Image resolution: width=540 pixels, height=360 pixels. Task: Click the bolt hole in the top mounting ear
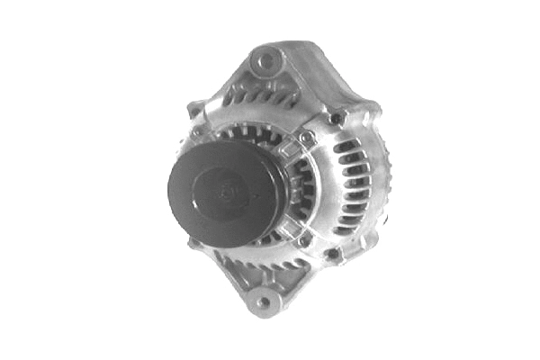coord(265,63)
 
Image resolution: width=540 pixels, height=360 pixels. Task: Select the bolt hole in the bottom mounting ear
coord(262,302)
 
